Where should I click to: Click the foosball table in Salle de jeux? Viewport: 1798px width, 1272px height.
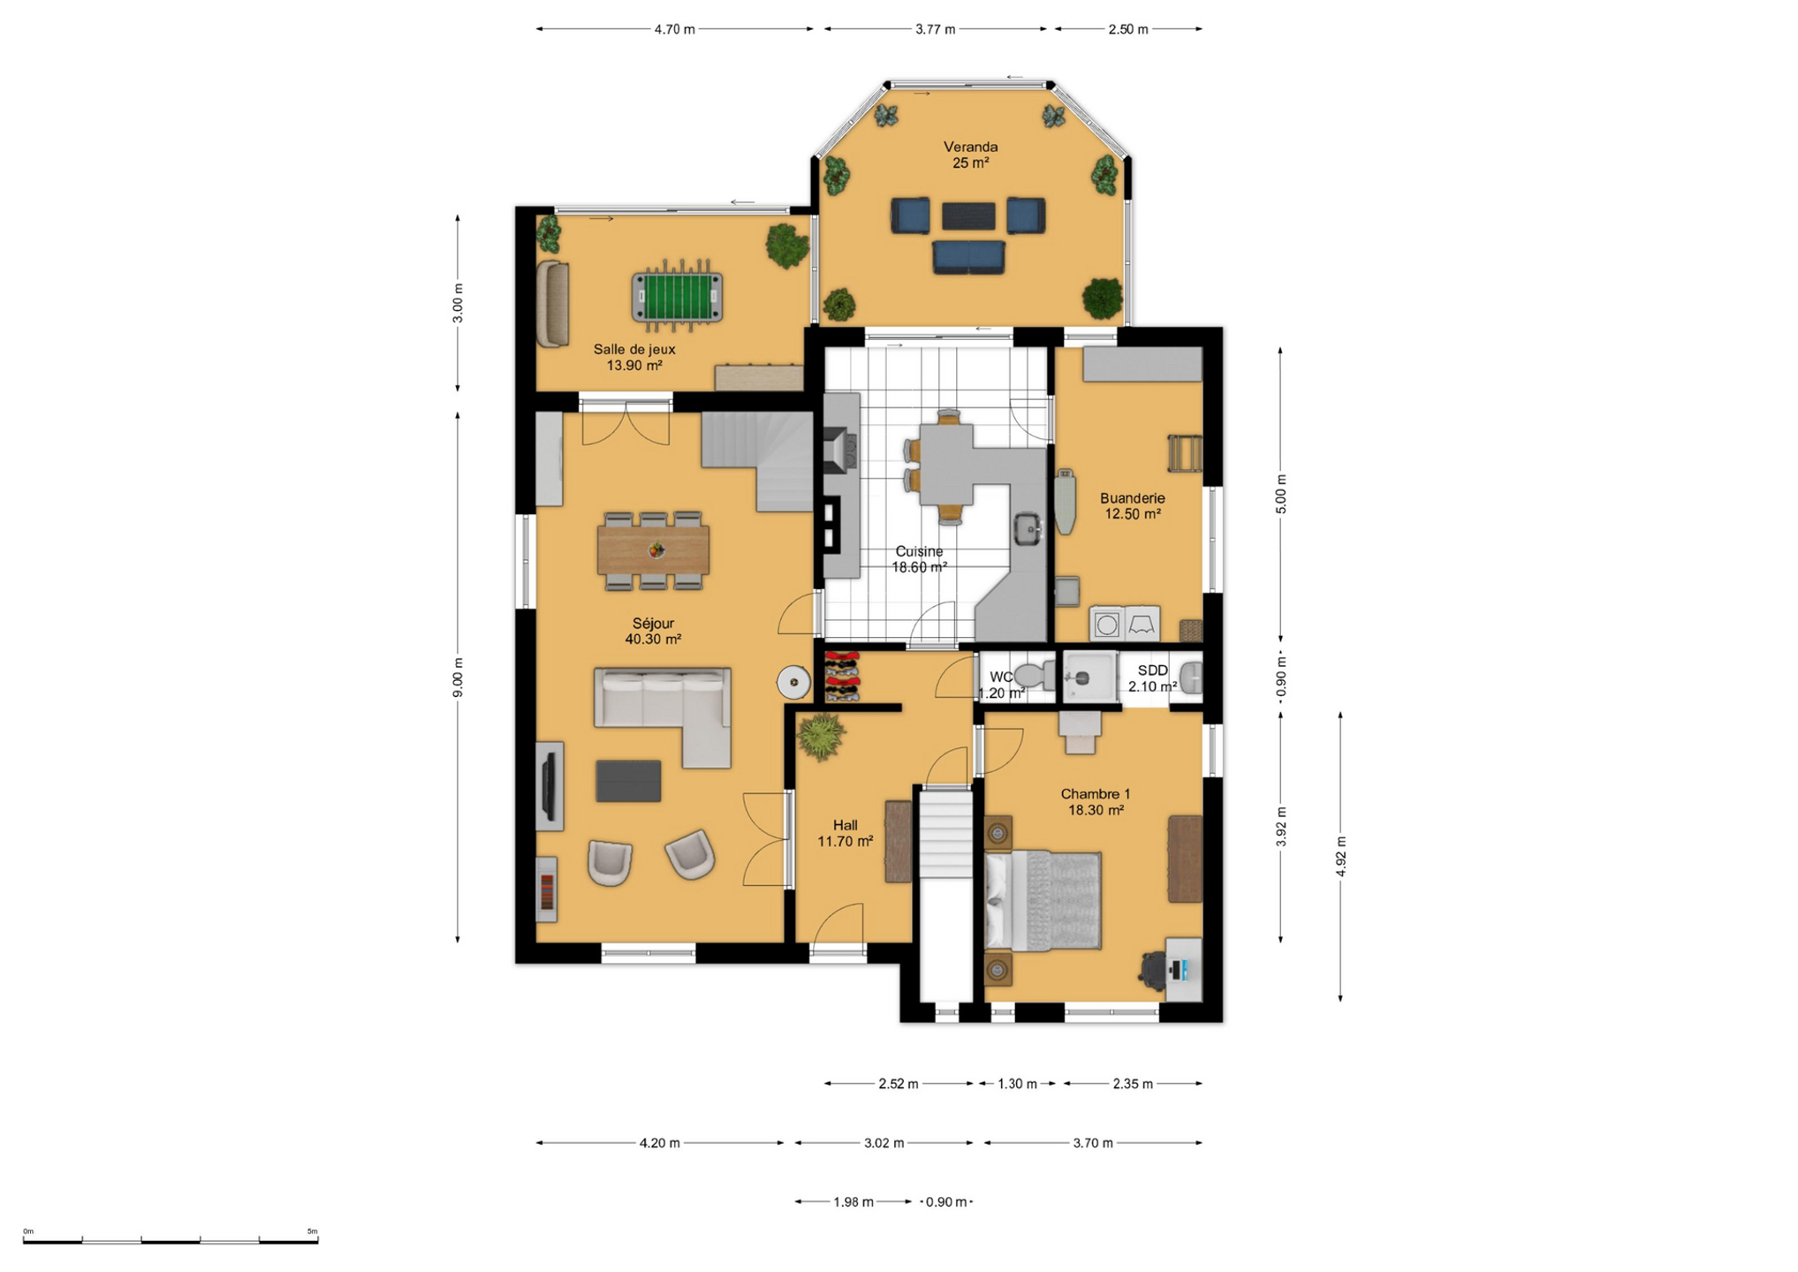coord(677,295)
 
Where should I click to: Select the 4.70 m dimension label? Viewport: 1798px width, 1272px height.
coord(674,29)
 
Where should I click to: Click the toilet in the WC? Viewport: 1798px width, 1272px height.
coord(1035,676)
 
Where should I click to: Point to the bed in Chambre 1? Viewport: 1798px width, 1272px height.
coord(1043,900)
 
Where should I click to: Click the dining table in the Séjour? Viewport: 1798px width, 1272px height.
coord(653,549)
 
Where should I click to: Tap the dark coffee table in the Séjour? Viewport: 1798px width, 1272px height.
coord(628,781)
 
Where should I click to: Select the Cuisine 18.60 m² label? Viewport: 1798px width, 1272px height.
coord(919,559)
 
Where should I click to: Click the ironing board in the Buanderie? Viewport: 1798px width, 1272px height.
coord(1066,501)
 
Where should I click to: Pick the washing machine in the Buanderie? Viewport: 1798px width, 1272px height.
coord(1107,624)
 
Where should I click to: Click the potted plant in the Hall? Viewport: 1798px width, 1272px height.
coord(821,736)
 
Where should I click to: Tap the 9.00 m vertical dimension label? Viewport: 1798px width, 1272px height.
coord(457,678)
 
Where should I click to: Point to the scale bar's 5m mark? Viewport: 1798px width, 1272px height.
coord(312,1230)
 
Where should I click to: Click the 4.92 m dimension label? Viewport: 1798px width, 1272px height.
coord(1340,856)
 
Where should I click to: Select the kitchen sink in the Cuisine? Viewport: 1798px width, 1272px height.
coord(1028,528)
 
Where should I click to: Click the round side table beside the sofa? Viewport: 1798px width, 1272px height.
coord(793,682)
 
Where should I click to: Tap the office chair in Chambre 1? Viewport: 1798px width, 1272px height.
coord(1153,971)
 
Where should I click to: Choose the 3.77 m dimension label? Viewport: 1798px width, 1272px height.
coord(935,29)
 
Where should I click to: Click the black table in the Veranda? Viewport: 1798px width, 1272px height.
coord(968,216)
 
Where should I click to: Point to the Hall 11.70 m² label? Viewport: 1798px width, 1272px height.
coord(846,833)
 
